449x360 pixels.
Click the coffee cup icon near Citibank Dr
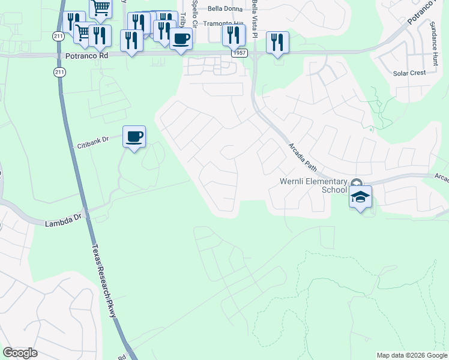pyautogui.click(x=134, y=137)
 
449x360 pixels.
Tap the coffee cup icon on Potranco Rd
pyautogui.click(x=181, y=40)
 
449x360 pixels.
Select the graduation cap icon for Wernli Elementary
pyautogui.click(x=361, y=197)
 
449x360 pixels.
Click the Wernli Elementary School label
pyautogui.click(x=313, y=185)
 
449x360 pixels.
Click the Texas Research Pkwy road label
pyautogui.click(x=103, y=275)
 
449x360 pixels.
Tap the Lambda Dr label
pyautogui.click(x=62, y=223)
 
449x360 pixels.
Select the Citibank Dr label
pyautogui.click(x=92, y=142)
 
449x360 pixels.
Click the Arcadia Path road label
pyautogui.click(x=301, y=155)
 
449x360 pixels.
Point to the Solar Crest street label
pyautogui.click(x=409, y=73)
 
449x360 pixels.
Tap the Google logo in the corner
pyautogui.click(x=20, y=353)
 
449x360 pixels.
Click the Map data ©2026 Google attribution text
pyautogui.click(x=412, y=355)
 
